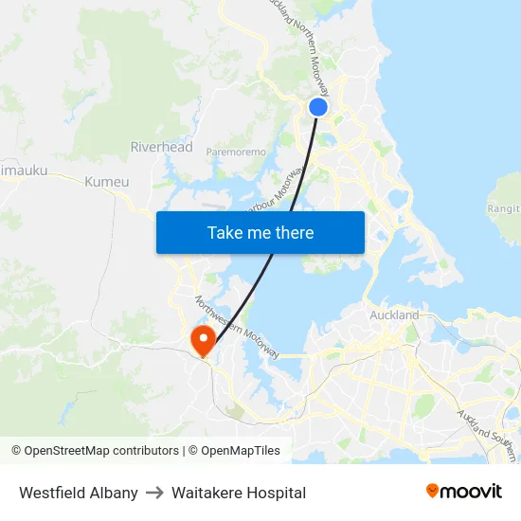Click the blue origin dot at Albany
(x=318, y=107)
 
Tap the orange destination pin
(x=203, y=339)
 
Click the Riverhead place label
(x=161, y=147)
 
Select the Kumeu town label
(x=106, y=181)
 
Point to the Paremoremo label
(x=237, y=151)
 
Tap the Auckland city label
(x=393, y=314)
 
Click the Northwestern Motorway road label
(x=237, y=328)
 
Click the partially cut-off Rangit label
(x=503, y=208)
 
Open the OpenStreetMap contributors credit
(x=95, y=451)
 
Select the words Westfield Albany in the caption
(x=79, y=493)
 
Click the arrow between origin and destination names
(x=154, y=493)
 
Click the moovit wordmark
(x=472, y=491)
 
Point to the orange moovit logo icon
(x=433, y=491)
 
